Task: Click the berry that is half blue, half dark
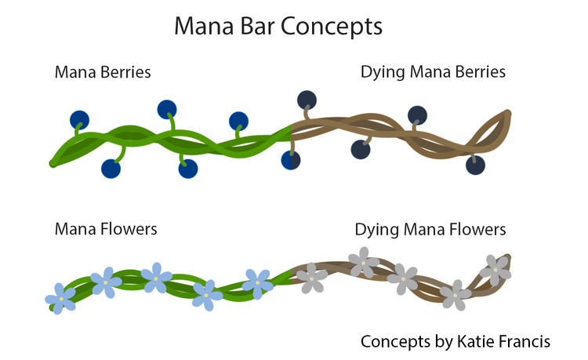tap(291, 160)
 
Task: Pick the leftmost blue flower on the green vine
tap(61, 298)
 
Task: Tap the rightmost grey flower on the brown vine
tap(495, 270)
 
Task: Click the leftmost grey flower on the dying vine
tap(312, 278)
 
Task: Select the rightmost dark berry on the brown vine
tap(475, 165)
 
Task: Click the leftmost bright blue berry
tap(79, 120)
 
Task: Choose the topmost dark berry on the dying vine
tap(307, 100)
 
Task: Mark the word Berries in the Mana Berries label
tap(125, 72)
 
